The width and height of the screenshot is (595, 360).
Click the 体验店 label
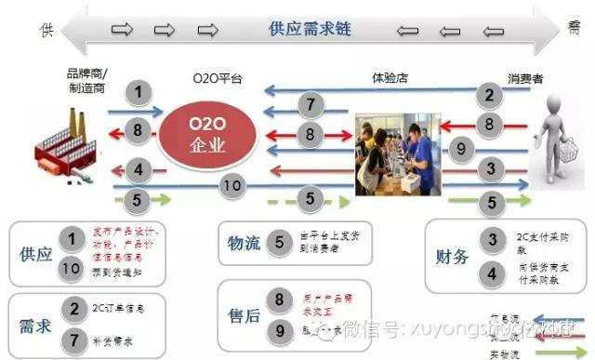391,80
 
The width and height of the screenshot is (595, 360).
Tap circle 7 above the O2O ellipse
312,104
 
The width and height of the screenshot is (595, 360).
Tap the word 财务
453,256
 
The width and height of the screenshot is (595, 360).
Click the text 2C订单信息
117,306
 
